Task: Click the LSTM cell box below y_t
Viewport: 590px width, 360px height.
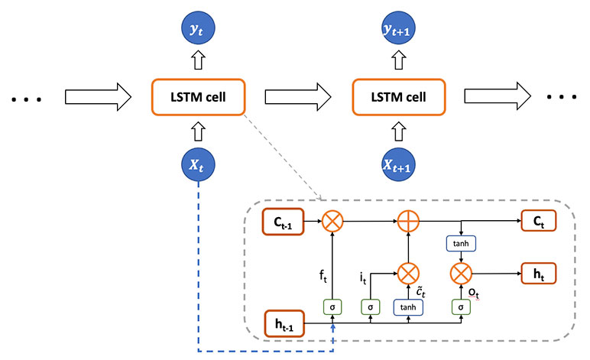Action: click(x=199, y=96)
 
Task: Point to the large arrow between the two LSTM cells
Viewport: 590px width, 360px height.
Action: click(x=297, y=96)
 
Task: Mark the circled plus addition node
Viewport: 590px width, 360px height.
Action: click(x=407, y=222)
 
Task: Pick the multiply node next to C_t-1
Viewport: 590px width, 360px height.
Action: click(x=332, y=222)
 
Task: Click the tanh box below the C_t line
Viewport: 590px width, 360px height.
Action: click(x=461, y=244)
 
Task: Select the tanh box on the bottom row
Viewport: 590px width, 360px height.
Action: click(x=407, y=307)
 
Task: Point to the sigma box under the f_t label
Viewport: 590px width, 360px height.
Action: click(x=332, y=307)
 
